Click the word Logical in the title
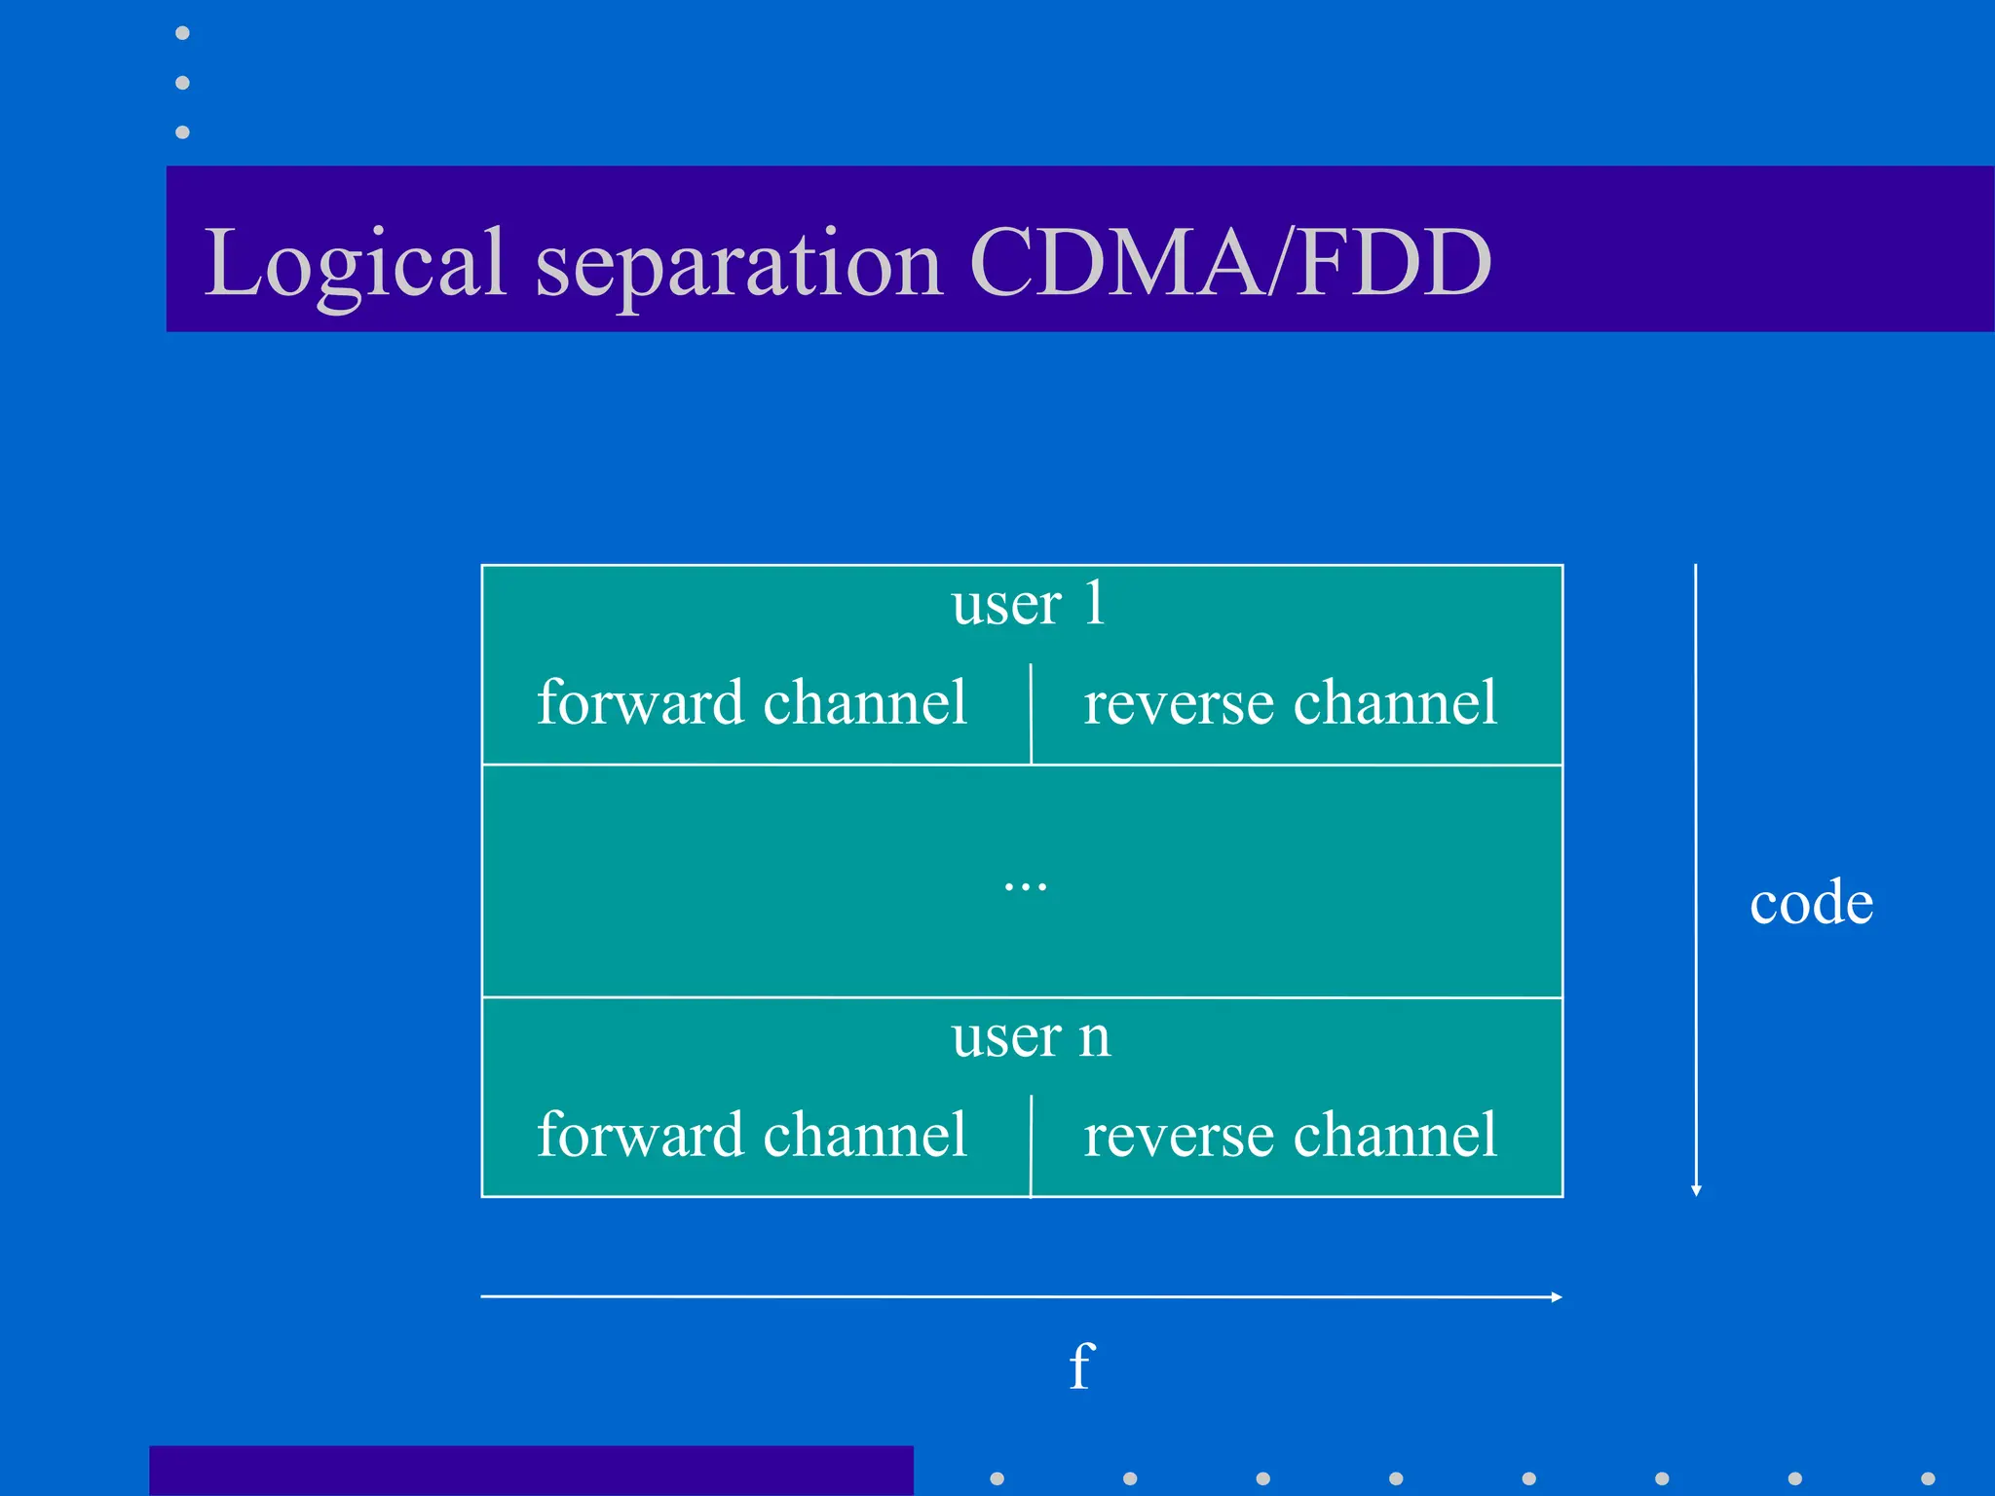tap(355, 263)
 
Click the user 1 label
tap(1028, 604)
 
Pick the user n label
tap(1031, 1036)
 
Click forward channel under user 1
tap(752, 703)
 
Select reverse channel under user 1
tap(1290, 703)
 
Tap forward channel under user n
tap(752, 1136)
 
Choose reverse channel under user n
tap(1290, 1136)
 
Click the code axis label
tap(1810, 903)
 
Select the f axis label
tap(1081, 1365)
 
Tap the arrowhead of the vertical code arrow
tap(1696, 1190)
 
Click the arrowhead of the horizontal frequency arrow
tap(1556, 1297)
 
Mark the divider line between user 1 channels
tap(1031, 713)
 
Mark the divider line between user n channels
tap(1031, 1145)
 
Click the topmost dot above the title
tap(182, 33)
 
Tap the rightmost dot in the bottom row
tap(1928, 1478)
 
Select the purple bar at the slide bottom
tap(531, 1471)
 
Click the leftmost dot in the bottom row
tap(997, 1478)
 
